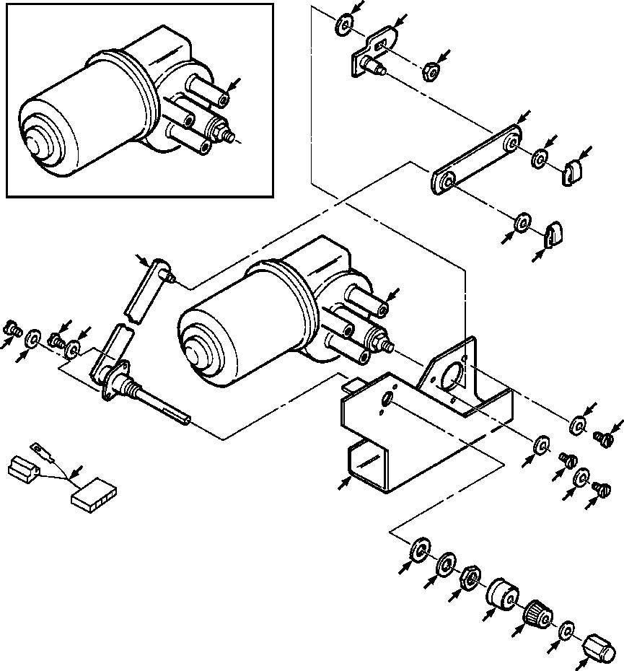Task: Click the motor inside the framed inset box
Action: click(x=108, y=108)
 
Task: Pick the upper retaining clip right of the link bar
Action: click(x=572, y=172)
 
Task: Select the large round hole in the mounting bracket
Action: click(x=452, y=377)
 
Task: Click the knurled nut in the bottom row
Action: click(x=537, y=614)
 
